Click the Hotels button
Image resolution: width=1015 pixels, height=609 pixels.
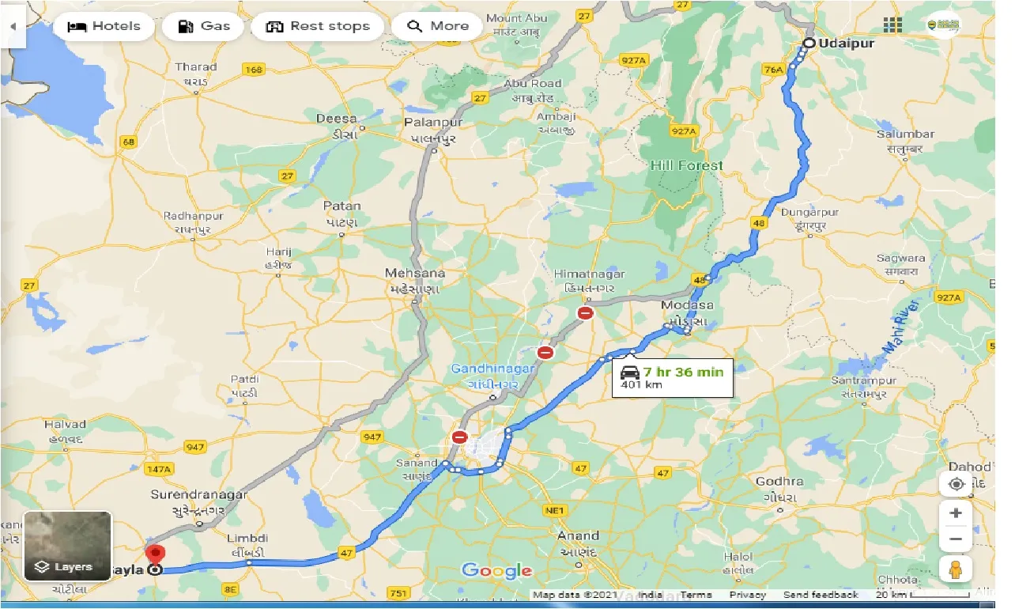(103, 26)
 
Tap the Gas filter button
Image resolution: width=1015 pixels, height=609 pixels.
(203, 26)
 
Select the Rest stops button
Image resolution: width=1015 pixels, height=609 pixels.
(317, 26)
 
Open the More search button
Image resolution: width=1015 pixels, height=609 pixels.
(437, 26)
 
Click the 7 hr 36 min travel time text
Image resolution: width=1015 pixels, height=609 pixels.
(682, 372)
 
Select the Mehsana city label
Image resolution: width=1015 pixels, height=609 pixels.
(414, 274)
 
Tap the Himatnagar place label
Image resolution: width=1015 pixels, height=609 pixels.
(589, 274)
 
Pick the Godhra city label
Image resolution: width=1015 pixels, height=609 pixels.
(779, 482)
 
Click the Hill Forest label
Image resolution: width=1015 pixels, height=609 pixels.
(686, 165)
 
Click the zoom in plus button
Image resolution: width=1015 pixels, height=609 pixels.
(956, 513)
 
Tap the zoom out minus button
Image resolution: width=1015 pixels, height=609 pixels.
(956, 539)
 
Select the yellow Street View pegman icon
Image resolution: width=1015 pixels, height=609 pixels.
(956, 569)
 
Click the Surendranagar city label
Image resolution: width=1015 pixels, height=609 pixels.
(199, 495)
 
